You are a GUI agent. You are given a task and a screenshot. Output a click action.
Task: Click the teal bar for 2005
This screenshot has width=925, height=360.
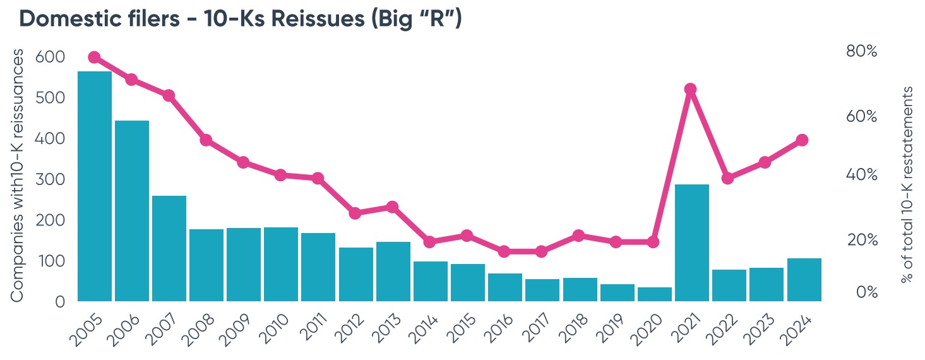(x=95, y=186)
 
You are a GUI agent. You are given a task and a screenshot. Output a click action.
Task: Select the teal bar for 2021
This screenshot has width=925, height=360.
(x=692, y=243)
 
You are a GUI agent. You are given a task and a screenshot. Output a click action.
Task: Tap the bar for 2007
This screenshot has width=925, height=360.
(x=169, y=248)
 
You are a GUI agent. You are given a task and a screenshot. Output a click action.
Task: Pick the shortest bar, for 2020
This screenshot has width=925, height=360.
(x=655, y=294)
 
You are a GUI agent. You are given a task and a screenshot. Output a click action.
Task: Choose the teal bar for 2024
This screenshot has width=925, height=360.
(x=804, y=280)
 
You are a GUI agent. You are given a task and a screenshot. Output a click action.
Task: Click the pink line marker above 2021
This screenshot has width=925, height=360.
(x=691, y=89)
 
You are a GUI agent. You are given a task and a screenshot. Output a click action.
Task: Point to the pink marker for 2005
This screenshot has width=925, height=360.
(x=95, y=57)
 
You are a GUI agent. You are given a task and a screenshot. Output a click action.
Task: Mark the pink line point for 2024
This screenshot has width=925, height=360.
(x=803, y=140)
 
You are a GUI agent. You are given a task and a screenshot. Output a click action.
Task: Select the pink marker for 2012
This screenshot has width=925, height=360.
(x=355, y=213)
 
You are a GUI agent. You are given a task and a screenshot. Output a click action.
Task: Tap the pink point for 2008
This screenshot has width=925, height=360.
(x=206, y=140)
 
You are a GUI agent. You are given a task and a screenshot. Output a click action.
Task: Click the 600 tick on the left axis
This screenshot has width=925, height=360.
(x=51, y=57)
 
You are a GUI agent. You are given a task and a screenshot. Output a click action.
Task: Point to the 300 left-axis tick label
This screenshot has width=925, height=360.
(x=51, y=179)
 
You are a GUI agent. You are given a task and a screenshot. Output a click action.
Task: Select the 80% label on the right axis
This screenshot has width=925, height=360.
(x=861, y=52)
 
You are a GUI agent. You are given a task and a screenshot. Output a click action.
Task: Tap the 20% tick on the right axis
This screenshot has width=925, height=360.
(x=861, y=240)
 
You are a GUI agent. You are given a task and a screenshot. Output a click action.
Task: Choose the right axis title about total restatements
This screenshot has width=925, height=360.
(x=907, y=184)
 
